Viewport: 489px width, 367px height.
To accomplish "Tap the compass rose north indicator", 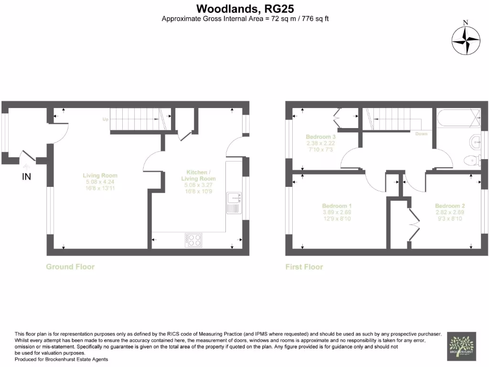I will coord(466,41).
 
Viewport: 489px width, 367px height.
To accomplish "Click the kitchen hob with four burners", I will coord(193,240).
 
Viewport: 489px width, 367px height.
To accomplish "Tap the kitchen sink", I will coord(234,203).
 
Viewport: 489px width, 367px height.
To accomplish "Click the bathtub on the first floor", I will coord(458,118).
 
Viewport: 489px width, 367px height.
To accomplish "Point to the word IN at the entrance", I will coord(27,177).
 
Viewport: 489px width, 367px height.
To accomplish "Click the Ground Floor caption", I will coord(70,267).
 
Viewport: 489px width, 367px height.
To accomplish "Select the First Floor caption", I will coord(304,267).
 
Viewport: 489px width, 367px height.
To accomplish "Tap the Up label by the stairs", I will coord(105,119).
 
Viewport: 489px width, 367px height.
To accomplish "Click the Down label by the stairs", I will coord(421,134).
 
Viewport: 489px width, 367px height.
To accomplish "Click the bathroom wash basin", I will coord(476,141).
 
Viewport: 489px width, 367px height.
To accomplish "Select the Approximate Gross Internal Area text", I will coord(245,19).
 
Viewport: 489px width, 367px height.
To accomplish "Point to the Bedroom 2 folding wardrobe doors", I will coord(414,225).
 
